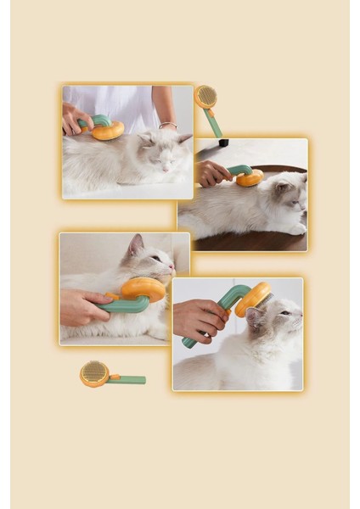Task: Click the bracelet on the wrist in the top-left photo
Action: click(x=167, y=125)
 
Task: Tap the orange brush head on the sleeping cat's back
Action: click(x=108, y=130)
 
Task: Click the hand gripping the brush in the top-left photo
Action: click(x=74, y=118)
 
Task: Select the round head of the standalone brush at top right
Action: click(x=205, y=97)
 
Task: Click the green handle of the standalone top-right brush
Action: click(x=214, y=123)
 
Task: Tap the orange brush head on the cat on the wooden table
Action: click(x=250, y=178)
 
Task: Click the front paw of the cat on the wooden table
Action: click(x=296, y=228)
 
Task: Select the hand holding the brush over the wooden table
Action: click(x=212, y=173)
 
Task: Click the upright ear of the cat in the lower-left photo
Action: click(x=135, y=246)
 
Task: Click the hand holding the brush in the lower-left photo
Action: click(x=81, y=307)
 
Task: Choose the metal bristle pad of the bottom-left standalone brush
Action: click(x=93, y=372)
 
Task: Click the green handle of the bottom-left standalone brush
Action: click(x=127, y=379)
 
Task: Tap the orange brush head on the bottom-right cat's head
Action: click(x=253, y=298)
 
